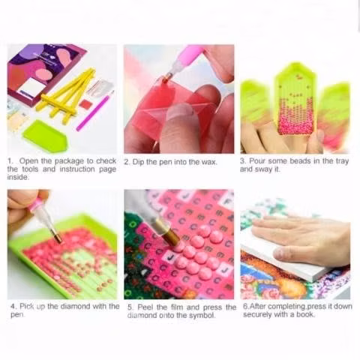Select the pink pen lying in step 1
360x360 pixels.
pyautogui.click(x=94, y=111)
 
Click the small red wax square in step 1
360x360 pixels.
pyautogui.click(x=85, y=103)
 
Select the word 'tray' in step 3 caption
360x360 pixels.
pyautogui.click(x=342, y=161)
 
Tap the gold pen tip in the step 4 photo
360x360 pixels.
pyautogui.click(x=58, y=237)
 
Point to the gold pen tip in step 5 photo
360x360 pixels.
pyautogui.click(x=170, y=235)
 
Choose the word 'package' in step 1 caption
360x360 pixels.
pyautogui.click(x=69, y=161)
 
